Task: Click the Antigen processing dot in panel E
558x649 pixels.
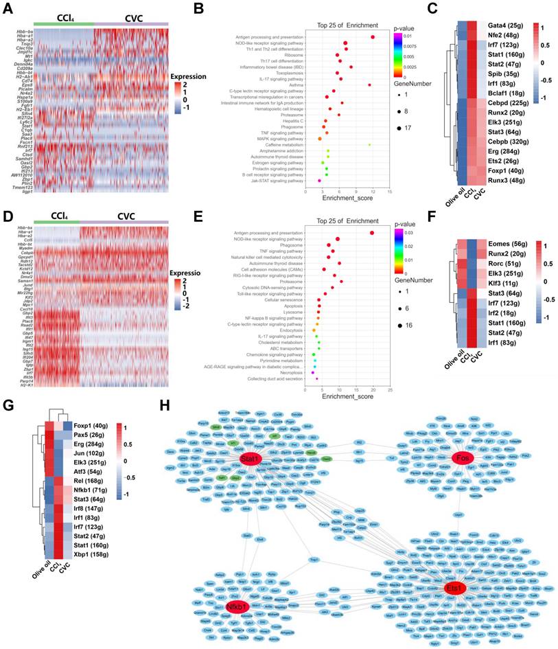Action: coord(372,233)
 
